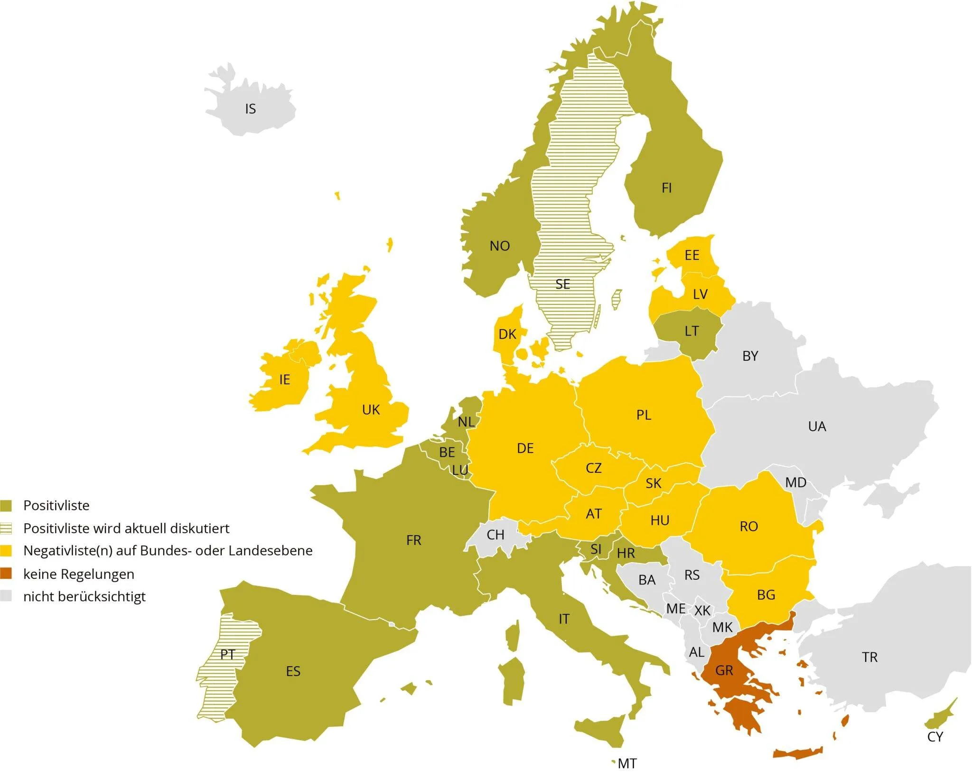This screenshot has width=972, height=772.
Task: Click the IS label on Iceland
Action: (250, 109)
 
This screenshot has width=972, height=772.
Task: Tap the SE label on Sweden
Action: (562, 284)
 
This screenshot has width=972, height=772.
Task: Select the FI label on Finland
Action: (666, 188)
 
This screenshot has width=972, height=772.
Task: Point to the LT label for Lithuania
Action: (692, 331)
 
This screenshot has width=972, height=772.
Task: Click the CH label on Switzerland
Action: (495, 535)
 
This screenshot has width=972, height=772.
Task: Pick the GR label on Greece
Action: (724, 670)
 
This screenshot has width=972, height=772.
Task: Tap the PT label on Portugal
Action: (227, 655)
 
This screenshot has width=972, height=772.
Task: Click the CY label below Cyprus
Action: (935, 737)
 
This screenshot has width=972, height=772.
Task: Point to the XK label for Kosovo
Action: (702, 611)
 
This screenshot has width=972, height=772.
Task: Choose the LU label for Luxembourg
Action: (460, 470)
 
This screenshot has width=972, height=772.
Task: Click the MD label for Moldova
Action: (795, 482)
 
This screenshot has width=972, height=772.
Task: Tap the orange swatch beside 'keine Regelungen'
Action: (6, 574)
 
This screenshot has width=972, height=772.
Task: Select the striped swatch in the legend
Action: (6, 528)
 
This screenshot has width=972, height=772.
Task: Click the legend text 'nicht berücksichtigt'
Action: (84, 597)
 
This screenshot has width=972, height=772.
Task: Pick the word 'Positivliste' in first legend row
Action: (56, 506)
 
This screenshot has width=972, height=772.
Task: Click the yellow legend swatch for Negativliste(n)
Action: (6, 551)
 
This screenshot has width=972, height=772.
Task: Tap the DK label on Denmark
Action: (507, 334)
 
